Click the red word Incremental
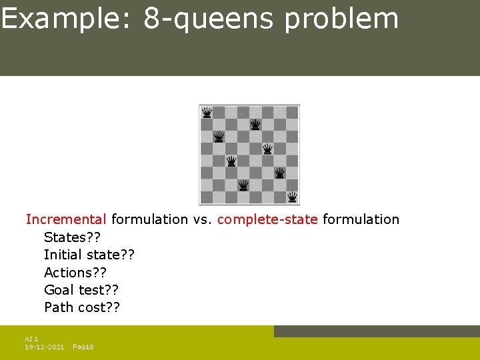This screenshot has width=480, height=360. tap(66, 219)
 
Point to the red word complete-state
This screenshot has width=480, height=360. tap(267, 219)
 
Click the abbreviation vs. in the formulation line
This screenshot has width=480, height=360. tap(203, 219)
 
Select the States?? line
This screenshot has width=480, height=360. tap(72, 237)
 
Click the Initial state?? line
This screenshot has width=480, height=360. tap(89, 255)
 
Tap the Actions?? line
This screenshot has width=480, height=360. tap(75, 273)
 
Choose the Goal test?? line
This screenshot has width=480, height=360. tap(81, 290)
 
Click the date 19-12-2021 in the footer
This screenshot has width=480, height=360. tap(44, 347)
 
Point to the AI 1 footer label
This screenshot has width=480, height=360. tap(32, 339)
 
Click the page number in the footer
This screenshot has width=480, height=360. tap(83, 347)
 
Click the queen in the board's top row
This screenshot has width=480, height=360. tap(207, 112)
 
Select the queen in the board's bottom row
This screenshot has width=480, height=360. tap(292, 197)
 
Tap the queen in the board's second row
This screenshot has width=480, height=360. tap(255, 125)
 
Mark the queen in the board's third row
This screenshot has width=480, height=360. tap(219, 137)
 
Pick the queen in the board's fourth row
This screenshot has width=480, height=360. tap(267, 149)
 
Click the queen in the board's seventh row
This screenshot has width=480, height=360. tap(243, 185)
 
